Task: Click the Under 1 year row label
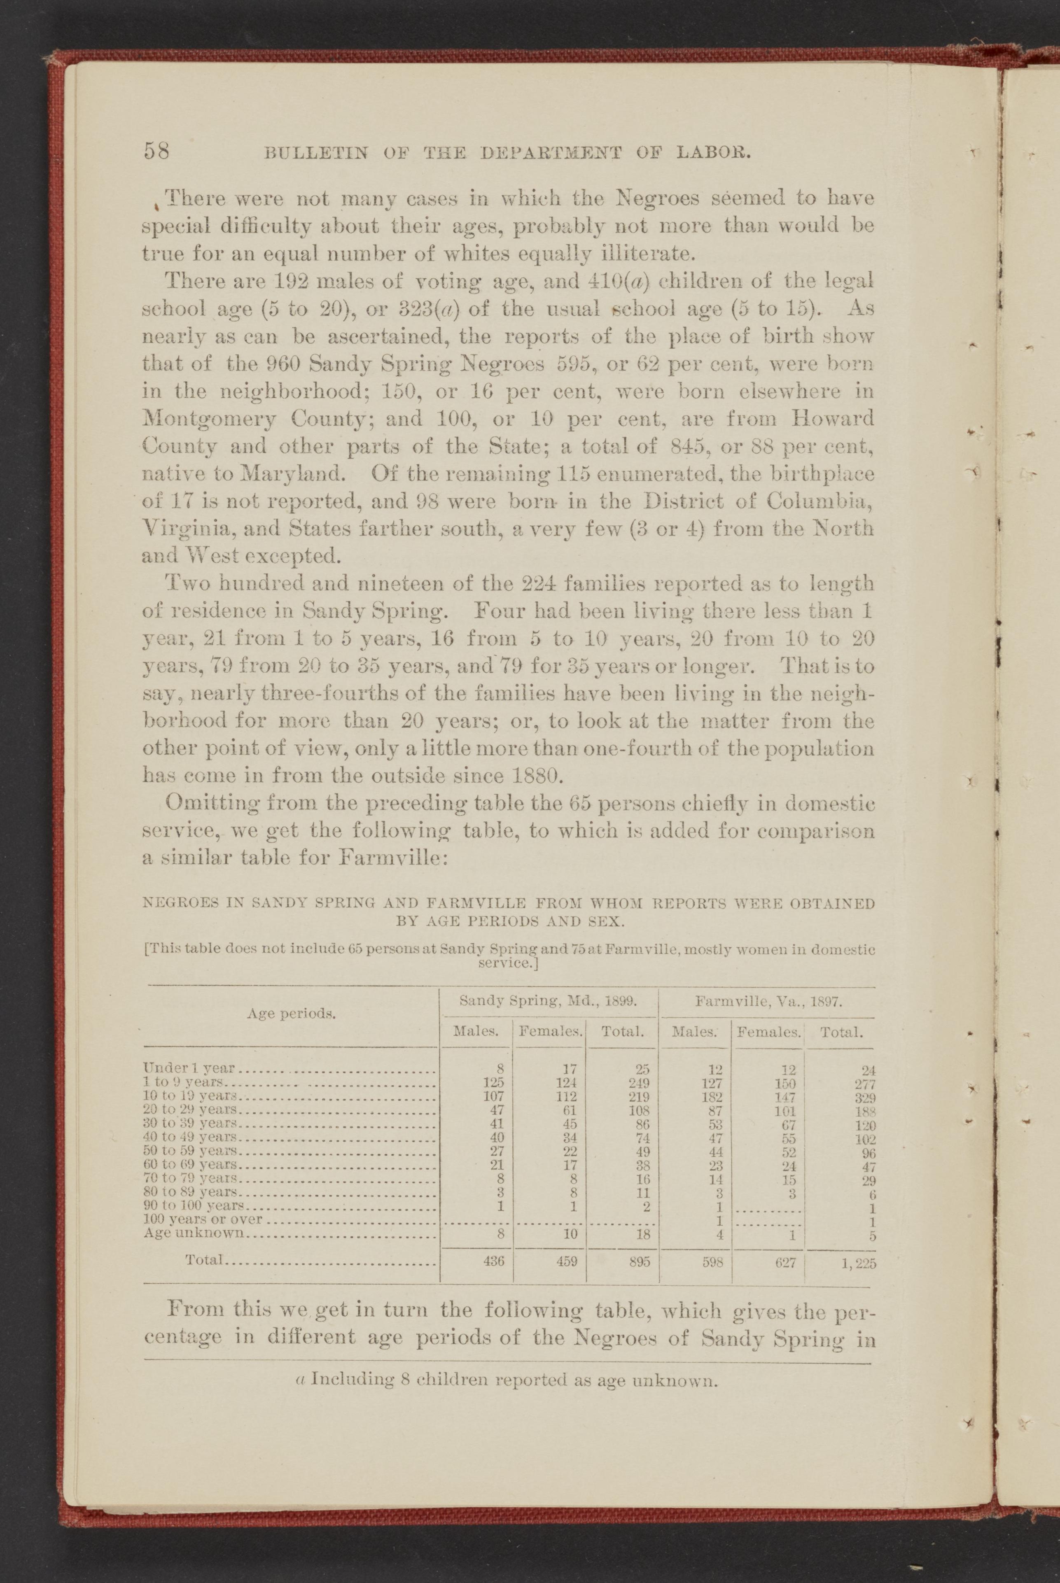pyautogui.click(x=189, y=1068)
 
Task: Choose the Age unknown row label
pyautogui.click(x=194, y=1233)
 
